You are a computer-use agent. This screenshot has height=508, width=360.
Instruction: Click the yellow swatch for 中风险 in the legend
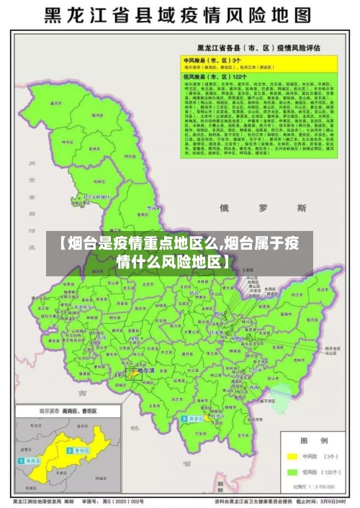click(292, 455)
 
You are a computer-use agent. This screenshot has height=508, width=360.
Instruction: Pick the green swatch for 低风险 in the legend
click(292, 472)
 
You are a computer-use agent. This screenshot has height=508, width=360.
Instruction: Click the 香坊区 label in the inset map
click(79, 450)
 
